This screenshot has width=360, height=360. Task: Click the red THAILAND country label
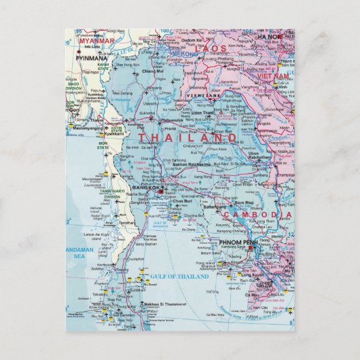point(189,137)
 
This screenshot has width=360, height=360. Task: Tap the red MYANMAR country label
point(96,40)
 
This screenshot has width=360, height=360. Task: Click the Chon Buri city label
point(183,202)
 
